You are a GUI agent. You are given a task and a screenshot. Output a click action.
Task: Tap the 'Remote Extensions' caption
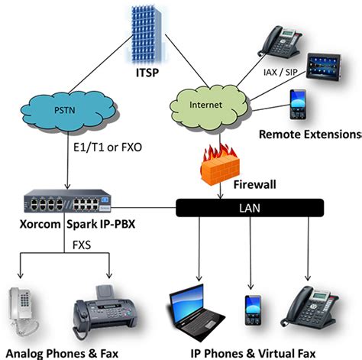(x=309, y=135)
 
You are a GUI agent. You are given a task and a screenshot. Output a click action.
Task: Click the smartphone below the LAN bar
(x=253, y=310)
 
